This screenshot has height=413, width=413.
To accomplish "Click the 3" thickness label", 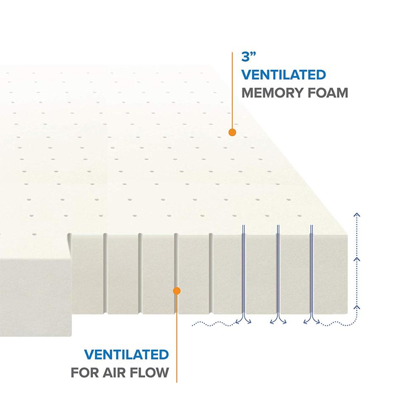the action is (249, 56).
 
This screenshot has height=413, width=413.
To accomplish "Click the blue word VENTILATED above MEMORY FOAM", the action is (284, 75).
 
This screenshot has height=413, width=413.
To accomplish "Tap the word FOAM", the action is (324, 93).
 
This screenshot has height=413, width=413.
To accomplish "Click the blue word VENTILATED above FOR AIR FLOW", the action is (126, 354).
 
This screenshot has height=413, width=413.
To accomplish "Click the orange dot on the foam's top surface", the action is (232, 132).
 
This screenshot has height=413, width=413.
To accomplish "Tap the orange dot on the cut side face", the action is (177, 291).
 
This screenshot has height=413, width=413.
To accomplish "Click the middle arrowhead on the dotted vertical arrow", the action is (357, 259).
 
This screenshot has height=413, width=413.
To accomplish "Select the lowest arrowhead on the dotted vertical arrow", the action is (357, 307).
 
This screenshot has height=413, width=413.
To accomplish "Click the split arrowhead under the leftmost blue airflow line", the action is (243, 320).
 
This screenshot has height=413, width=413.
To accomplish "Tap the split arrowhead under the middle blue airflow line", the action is (278, 320).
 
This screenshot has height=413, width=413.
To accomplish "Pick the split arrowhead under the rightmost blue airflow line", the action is (311, 320).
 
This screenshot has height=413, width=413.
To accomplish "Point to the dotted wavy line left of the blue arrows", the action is (214, 324).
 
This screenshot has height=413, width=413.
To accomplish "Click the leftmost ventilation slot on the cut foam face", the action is (105, 273).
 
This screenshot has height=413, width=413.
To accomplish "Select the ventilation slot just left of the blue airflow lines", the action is (211, 273).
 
